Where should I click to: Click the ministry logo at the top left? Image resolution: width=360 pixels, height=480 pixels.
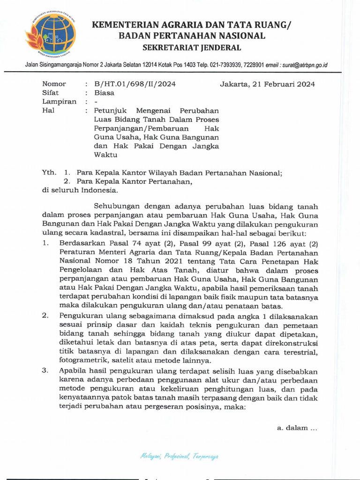point(51,34)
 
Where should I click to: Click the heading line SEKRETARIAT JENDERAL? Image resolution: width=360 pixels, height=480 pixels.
point(192,47)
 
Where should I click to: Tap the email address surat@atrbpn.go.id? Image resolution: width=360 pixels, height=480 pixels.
point(304,65)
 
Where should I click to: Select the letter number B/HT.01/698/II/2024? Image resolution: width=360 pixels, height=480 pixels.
point(135,84)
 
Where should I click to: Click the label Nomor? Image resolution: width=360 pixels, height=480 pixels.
point(54,84)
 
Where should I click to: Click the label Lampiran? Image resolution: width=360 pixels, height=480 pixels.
point(59,102)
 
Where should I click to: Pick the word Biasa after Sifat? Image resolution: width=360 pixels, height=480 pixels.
point(104,93)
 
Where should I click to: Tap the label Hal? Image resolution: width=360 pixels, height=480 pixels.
point(48,111)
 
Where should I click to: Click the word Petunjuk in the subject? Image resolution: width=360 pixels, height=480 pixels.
point(110,111)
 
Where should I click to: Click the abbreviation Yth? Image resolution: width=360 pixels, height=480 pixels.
point(49,172)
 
